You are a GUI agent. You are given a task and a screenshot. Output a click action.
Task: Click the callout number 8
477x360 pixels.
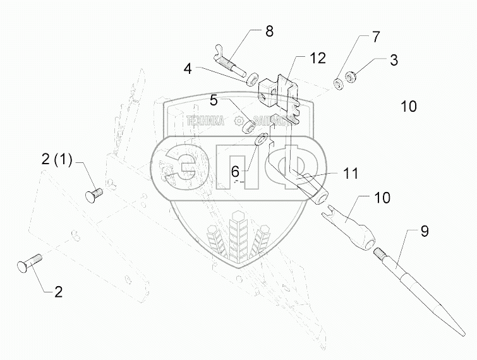pyautogui.click(x=269, y=32)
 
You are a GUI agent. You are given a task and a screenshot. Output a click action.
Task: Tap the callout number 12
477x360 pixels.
pyautogui.click(x=317, y=58)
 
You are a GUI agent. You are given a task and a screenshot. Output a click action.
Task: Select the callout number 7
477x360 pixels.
pyautogui.click(x=375, y=37)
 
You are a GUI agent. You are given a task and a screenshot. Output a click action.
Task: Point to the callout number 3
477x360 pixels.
pyautogui.click(x=394, y=61)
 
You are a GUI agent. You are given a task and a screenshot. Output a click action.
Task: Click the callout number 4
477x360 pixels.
pyautogui.click(x=188, y=67)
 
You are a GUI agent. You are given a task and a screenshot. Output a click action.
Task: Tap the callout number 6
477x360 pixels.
pyautogui.click(x=234, y=170)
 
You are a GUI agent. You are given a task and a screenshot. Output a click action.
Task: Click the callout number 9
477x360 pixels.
pyautogui.click(x=425, y=232)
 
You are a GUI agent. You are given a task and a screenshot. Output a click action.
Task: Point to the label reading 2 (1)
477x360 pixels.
pyautogui.click(x=57, y=160)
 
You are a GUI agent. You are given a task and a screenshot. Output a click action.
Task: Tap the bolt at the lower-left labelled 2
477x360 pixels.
pyautogui.click(x=27, y=262)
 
